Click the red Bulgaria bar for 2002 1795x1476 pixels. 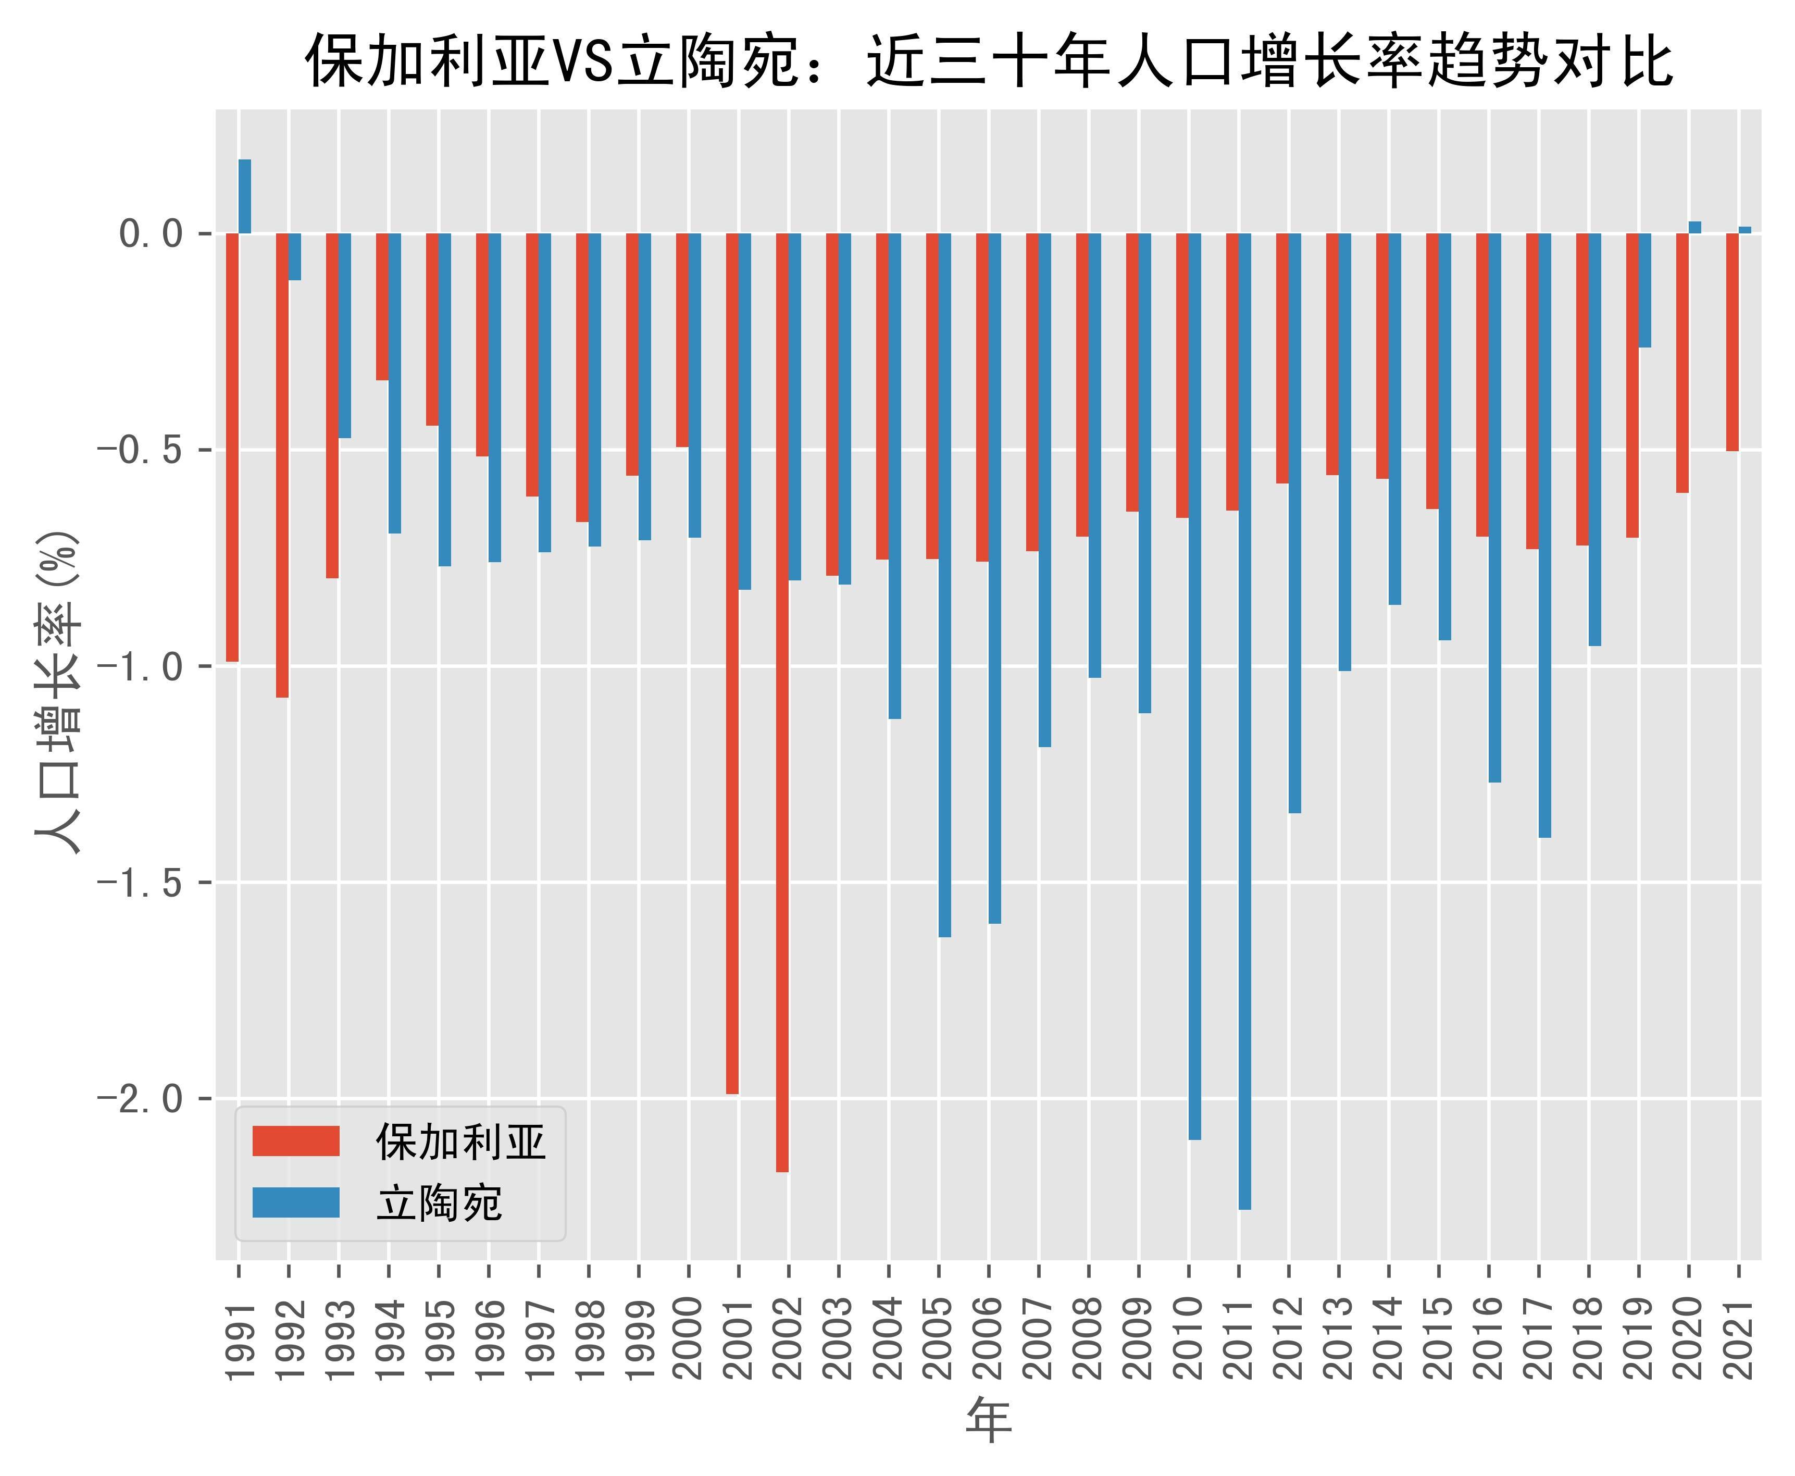(x=782, y=702)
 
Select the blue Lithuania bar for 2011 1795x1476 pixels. (x=1245, y=721)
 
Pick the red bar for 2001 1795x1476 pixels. (x=732, y=663)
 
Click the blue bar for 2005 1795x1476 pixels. (x=944, y=585)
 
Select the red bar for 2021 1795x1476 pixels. (x=1732, y=342)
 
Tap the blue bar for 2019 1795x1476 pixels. (x=1644, y=290)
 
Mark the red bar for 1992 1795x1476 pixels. (x=282, y=465)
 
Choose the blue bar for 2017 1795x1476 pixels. (x=1544, y=536)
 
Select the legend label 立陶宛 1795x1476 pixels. (x=440, y=1203)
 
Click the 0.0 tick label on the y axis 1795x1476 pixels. (x=153, y=234)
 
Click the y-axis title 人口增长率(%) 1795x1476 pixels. (x=58, y=693)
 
